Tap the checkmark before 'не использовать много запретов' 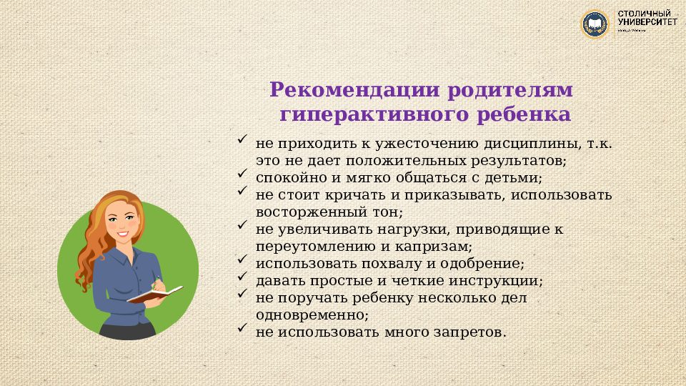point(242,328)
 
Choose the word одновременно point(312,315)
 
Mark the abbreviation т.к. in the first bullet point(600,144)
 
